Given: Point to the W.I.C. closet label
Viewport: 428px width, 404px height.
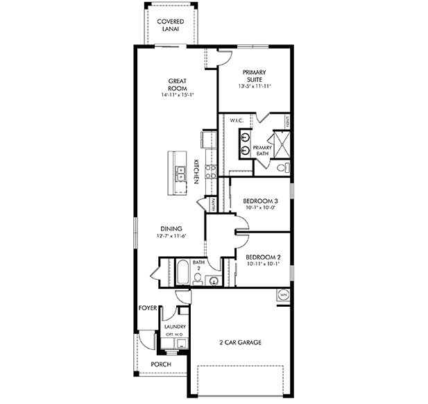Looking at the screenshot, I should pos(236,121).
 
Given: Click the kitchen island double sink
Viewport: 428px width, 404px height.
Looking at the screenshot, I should pos(180,173).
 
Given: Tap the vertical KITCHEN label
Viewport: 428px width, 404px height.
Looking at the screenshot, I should pos(197,171).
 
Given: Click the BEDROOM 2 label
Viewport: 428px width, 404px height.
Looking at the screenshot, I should pos(262,255).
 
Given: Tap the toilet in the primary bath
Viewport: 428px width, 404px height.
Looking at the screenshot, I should pos(281,167).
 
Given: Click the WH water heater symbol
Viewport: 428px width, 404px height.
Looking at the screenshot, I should pos(283,295).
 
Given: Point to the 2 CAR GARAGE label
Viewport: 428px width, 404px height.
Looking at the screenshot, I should pos(241,342).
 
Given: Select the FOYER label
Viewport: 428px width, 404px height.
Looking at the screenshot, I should pos(147,307).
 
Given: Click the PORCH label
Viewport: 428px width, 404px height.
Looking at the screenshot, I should pos(160,364).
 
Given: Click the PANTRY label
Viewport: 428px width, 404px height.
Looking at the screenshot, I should pos(212,204).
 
